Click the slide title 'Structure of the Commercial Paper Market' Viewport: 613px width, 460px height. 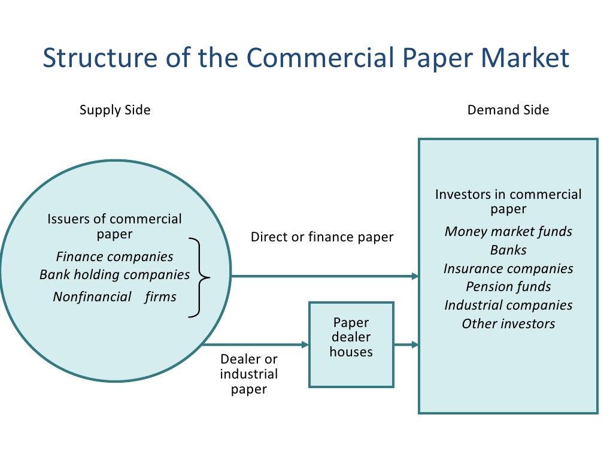coord(306,58)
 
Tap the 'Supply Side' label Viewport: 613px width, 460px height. coord(115,110)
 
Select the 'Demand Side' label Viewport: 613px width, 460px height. coord(508,110)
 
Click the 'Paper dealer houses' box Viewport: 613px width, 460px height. coord(351,344)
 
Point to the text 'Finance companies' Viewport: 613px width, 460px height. coord(114,257)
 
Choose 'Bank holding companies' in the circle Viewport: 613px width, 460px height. coord(114,275)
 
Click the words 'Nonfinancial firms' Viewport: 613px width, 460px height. coord(114,297)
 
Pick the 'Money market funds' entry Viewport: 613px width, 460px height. coord(508,232)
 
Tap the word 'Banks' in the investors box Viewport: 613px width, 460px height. coord(508,250)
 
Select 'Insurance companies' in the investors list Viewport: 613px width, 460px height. coord(508,269)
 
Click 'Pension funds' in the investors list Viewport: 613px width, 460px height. coord(508,287)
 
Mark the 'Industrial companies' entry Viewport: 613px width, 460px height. coord(508,305)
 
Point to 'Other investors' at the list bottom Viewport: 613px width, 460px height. coord(508,324)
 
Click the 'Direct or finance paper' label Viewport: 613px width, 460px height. coord(322,237)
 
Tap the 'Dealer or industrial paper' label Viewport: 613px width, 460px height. coord(249,374)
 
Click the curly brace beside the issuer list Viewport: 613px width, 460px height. coord(199,277)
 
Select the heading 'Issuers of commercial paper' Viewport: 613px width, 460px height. coord(114,226)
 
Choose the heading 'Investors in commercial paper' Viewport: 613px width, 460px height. coord(508,201)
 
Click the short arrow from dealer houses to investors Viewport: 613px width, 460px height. coord(406,345)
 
